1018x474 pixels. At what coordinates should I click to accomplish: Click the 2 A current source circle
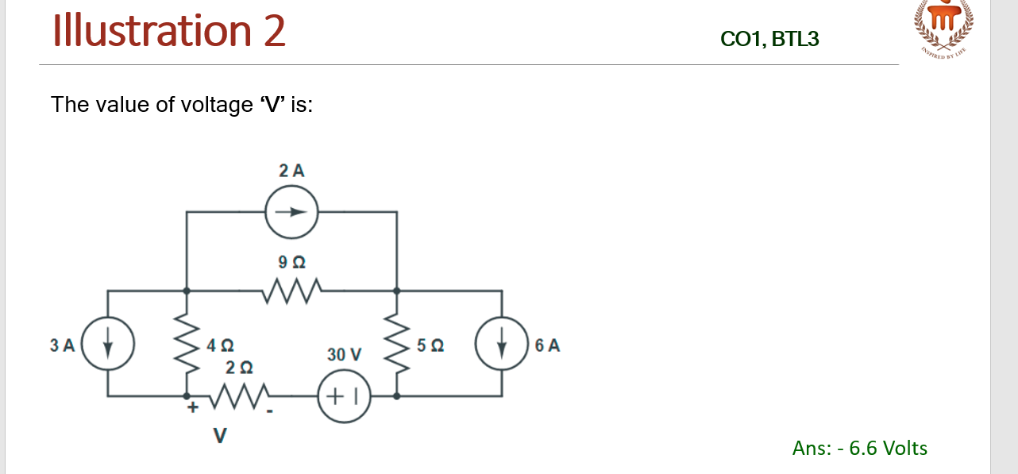[x=291, y=212]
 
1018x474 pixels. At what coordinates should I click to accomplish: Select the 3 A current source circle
[x=108, y=345]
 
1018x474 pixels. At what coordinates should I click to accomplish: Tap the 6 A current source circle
[x=502, y=345]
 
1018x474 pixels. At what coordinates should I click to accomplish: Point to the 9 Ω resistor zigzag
[x=292, y=291]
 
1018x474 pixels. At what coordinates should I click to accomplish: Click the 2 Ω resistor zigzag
[x=238, y=395]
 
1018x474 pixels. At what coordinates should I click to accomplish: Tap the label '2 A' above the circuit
[x=291, y=170]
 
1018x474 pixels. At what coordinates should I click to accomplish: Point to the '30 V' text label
[x=344, y=354]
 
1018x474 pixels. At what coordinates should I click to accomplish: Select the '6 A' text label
[x=548, y=345]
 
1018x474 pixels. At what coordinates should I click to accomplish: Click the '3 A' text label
[x=62, y=345]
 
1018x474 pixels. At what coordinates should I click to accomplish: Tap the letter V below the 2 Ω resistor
[x=220, y=435]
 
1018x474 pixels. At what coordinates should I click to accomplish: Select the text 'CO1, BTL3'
[x=769, y=38]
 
